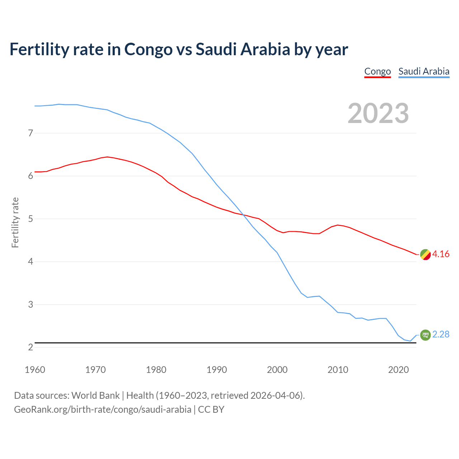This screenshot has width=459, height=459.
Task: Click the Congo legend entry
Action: tap(377, 71)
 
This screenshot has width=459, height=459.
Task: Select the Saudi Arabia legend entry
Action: tap(423, 71)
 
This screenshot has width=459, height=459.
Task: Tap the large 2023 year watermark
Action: tap(378, 113)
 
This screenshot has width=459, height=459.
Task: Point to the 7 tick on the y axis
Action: tap(30, 133)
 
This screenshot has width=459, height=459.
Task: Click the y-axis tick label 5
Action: tap(30, 219)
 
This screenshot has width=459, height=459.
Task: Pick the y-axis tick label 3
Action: tap(30, 304)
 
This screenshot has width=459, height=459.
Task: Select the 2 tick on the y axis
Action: tap(30, 347)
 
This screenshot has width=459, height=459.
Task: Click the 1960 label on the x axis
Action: tap(35, 370)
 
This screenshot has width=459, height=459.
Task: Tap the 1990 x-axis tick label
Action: tap(217, 370)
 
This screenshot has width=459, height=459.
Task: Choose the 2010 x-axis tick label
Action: tap(338, 370)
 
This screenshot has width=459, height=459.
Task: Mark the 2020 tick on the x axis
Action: tap(398, 370)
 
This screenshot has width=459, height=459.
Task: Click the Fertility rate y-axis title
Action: tap(15, 222)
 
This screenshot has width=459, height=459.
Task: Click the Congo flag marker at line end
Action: tap(425, 255)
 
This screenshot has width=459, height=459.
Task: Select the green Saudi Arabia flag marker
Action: tap(425, 335)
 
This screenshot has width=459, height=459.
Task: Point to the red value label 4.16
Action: tap(441, 254)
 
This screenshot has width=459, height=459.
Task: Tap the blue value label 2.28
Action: tap(441, 335)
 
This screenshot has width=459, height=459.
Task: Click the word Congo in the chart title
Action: tap(148, 49)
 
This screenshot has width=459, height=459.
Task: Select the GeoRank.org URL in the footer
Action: tap(103, 410)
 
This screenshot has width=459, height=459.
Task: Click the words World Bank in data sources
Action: tap(95, 396)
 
